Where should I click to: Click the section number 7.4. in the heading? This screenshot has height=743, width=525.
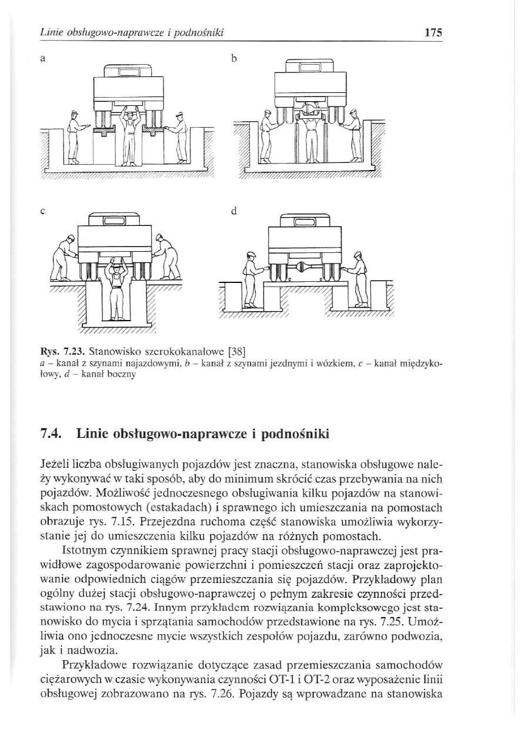pyautogui.click(x=51, y=435)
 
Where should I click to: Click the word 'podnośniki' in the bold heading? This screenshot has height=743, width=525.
pyautogui.click(x=298, y=435)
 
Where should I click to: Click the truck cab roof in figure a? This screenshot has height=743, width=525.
pyautogui.click(x=128, y=70)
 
